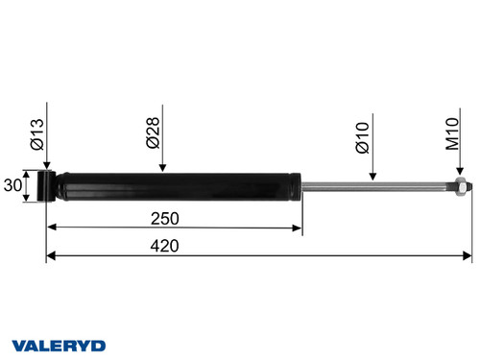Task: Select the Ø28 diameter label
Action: [153, 132]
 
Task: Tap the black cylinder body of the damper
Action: [173, 185]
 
